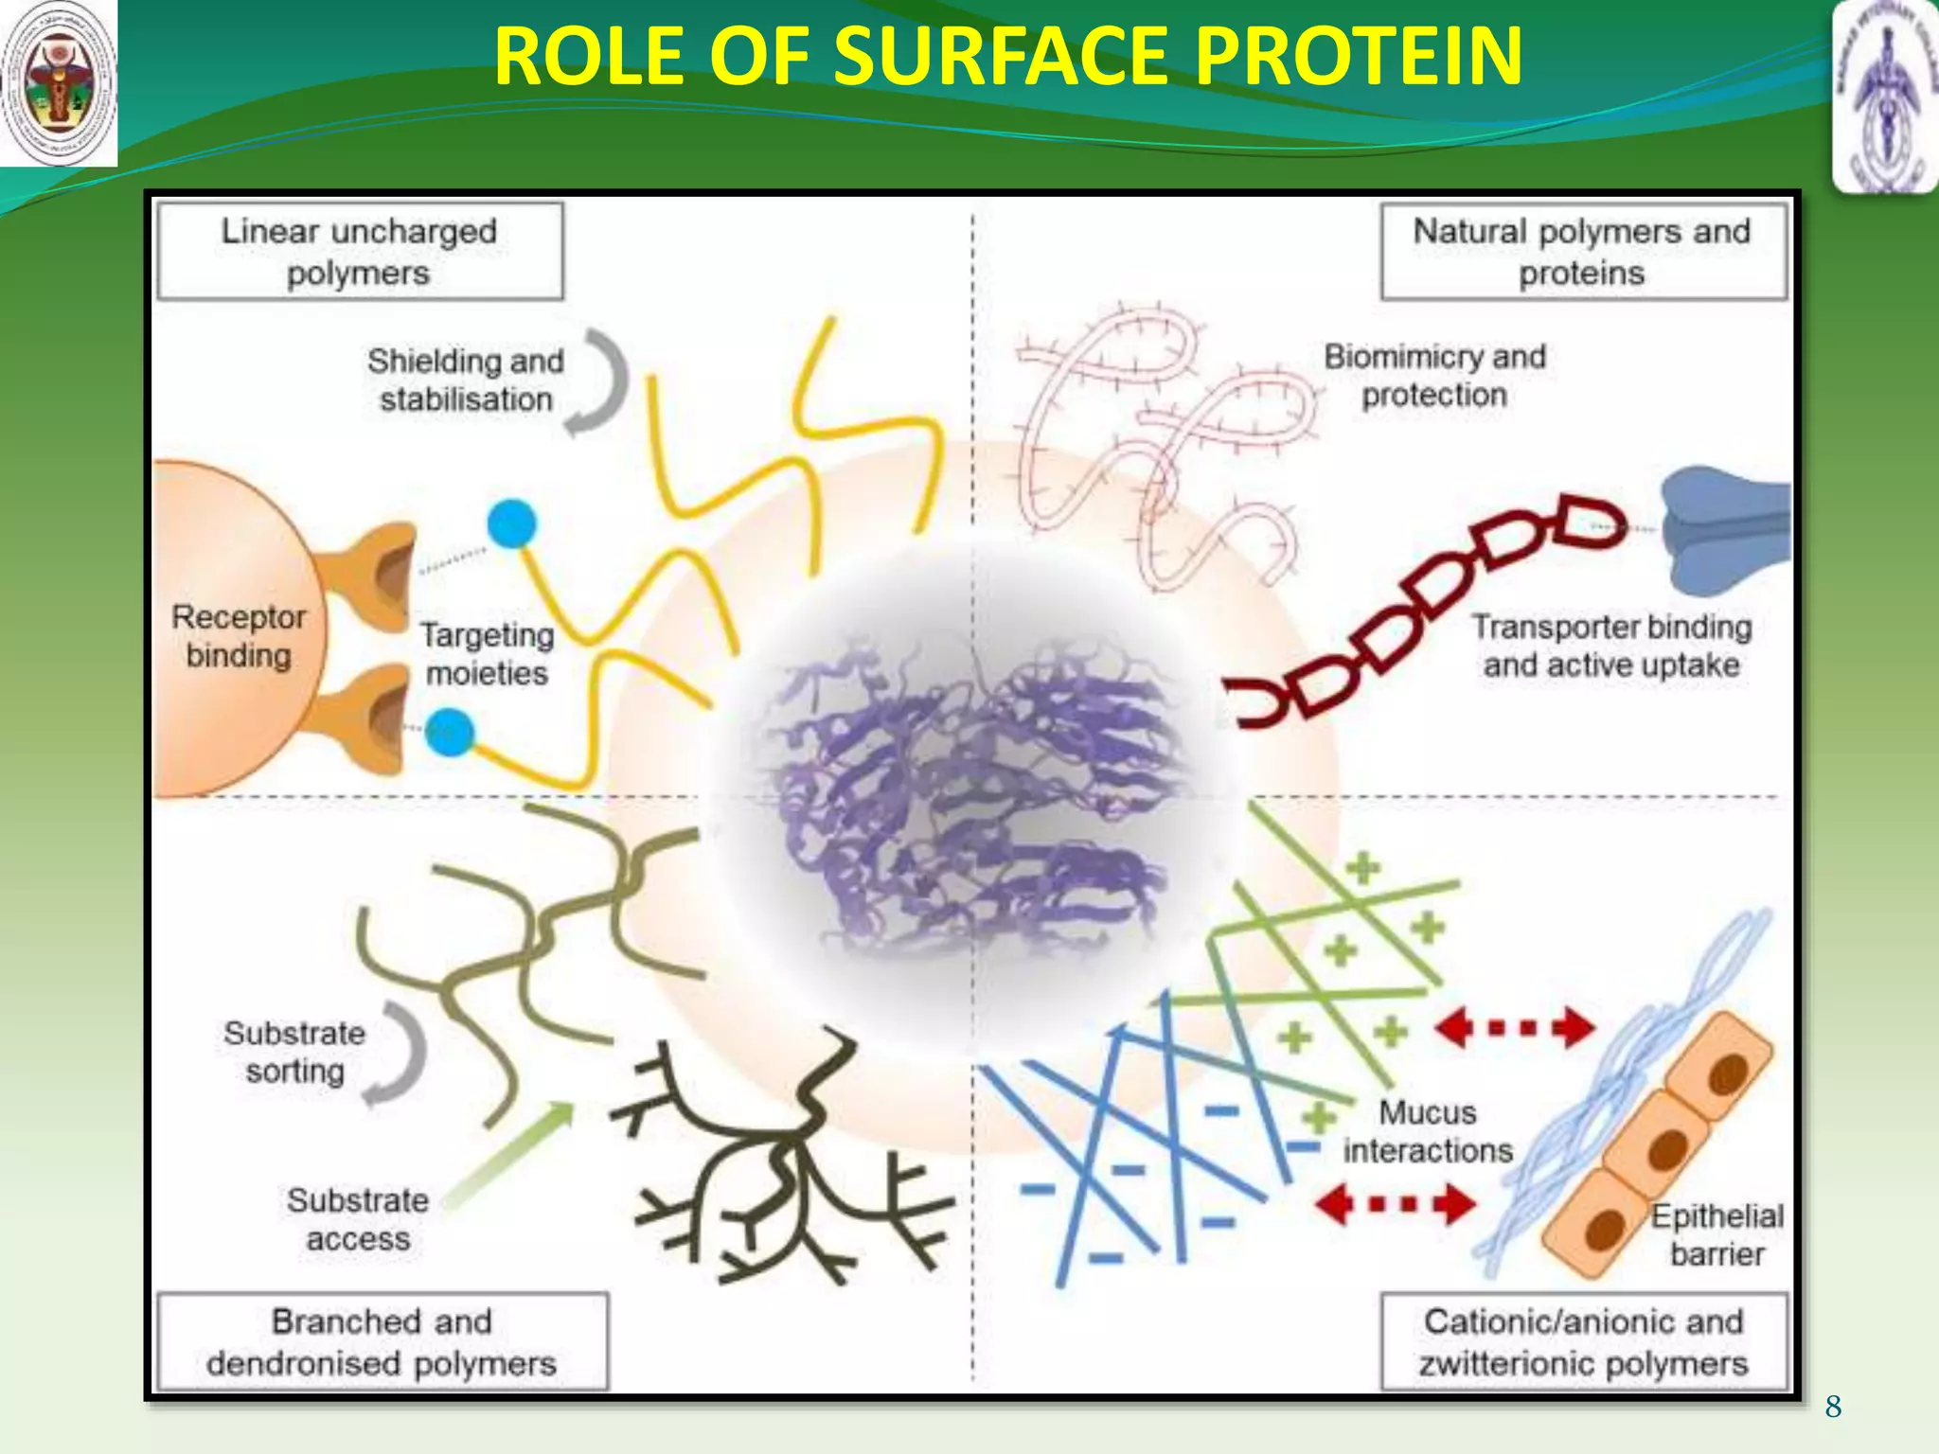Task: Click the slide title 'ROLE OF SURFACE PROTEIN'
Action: click(x=1007, y=57)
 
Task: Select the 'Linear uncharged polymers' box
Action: click(x=360, y=252)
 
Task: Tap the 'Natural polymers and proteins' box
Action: click(x=1583, y=252)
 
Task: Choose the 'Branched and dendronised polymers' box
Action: click(x=382, y=1341)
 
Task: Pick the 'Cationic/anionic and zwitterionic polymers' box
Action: click(x=1583, y=1341)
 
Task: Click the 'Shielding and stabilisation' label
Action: click(x=466, y=380)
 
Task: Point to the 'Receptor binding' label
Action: click(x=239, y=636)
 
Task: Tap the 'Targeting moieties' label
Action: click(x=487, y=653)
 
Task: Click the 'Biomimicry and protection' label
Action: click(x=1434, y=376)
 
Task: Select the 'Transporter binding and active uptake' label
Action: click(x=1611, y=646)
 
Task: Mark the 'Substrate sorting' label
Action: click(x=294, y=1052)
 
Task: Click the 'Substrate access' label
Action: click(x=358, y=1219)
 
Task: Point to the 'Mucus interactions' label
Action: click(x=1428, y=1131)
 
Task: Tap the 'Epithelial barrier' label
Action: click(x=1717, y=1234)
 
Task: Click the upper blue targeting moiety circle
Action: click(x=512, y=523)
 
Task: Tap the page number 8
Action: click(x=1834, y=1407)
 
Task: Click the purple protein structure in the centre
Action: click(x=975, y=795)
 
